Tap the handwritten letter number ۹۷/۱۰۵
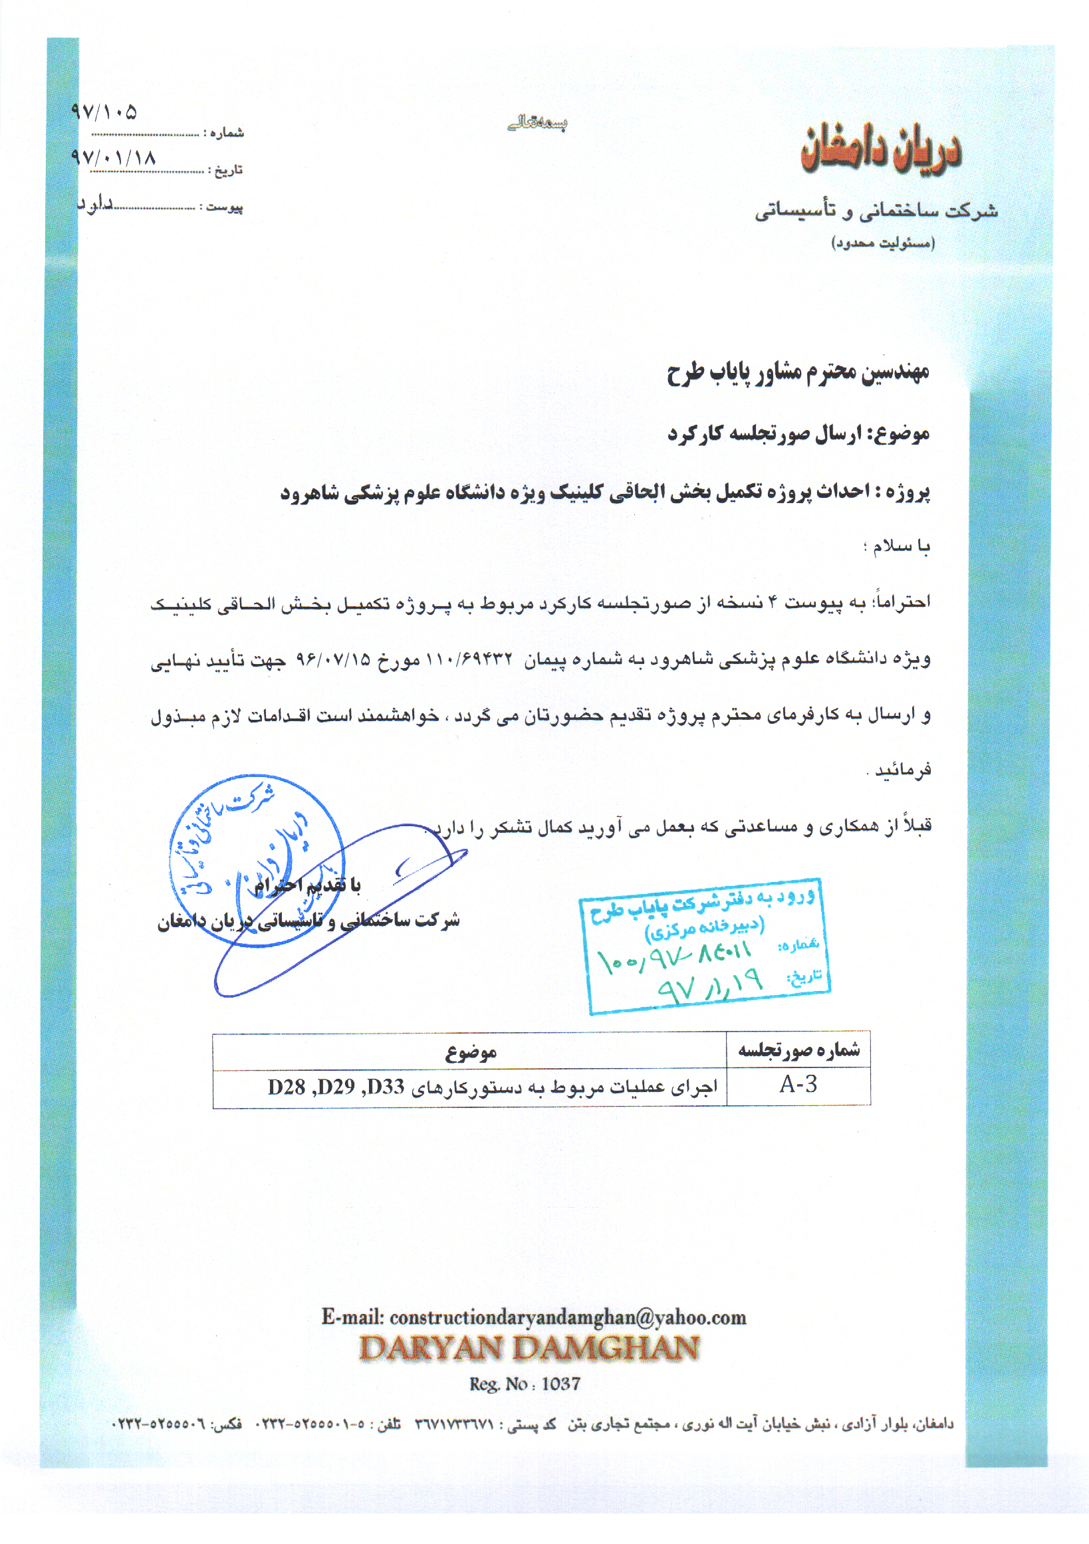pyautogui.click(x=104, y=112)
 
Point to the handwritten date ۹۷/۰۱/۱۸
pyautogui.click(x=113, y=158)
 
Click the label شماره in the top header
pyautogui.click(x=226, y=133)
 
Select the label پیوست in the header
pyautogui.click(x=224, y=207)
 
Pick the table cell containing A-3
pyautogui.click(x=798, y=1085)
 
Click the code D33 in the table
pyautogui.click(x=387, y=1087)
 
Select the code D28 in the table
pyautogui.click(x=287, y=1087)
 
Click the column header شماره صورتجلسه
pyautogui.click(x=798, y=1049)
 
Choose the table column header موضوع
pyautogui.click(x=470, y=1052)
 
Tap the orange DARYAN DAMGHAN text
pyautogui.click(x=529, y=1348)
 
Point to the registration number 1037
pyautogui.click(x=560, y=1383)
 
